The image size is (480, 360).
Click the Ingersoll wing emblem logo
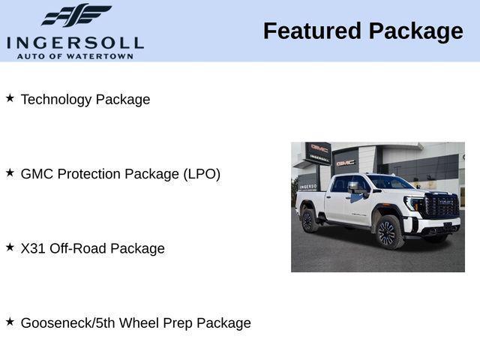[76, 16]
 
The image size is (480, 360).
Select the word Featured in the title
[311, 31]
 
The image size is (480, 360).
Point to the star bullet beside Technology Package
[10, 97]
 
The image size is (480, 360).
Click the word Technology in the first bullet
[56, 100]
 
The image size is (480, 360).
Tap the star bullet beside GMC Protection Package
[10, 172]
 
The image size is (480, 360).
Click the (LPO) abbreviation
[201, 174]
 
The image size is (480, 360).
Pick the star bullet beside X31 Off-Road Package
[10, 246]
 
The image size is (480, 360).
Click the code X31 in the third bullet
[33, 248]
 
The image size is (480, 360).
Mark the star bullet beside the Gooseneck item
[10, 320]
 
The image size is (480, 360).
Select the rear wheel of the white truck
[307, 220]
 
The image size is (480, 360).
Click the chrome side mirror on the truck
[354, 187]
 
